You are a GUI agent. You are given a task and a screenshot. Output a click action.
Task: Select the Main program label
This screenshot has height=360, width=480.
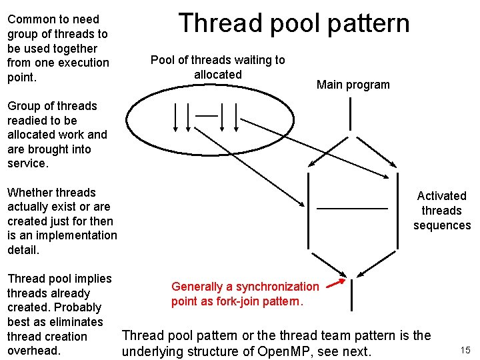tap(353, 85)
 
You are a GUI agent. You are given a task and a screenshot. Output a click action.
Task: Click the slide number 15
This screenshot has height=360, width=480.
tap(465, 350)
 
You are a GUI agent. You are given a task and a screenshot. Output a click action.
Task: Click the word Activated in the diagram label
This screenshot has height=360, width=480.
tap(441, 195)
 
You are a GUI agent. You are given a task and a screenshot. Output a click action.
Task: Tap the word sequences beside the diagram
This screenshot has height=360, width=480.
tap(441, 225)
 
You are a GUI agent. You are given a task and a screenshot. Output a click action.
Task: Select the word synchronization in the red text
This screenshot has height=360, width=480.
tap(274, 287)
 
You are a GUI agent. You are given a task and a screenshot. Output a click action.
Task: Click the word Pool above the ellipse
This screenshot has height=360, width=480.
tap(163, 60)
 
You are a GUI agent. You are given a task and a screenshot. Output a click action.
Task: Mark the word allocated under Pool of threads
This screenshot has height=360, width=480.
tap(217, 75)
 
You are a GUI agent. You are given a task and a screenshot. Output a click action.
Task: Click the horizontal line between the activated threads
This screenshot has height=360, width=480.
tap(351, 209)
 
